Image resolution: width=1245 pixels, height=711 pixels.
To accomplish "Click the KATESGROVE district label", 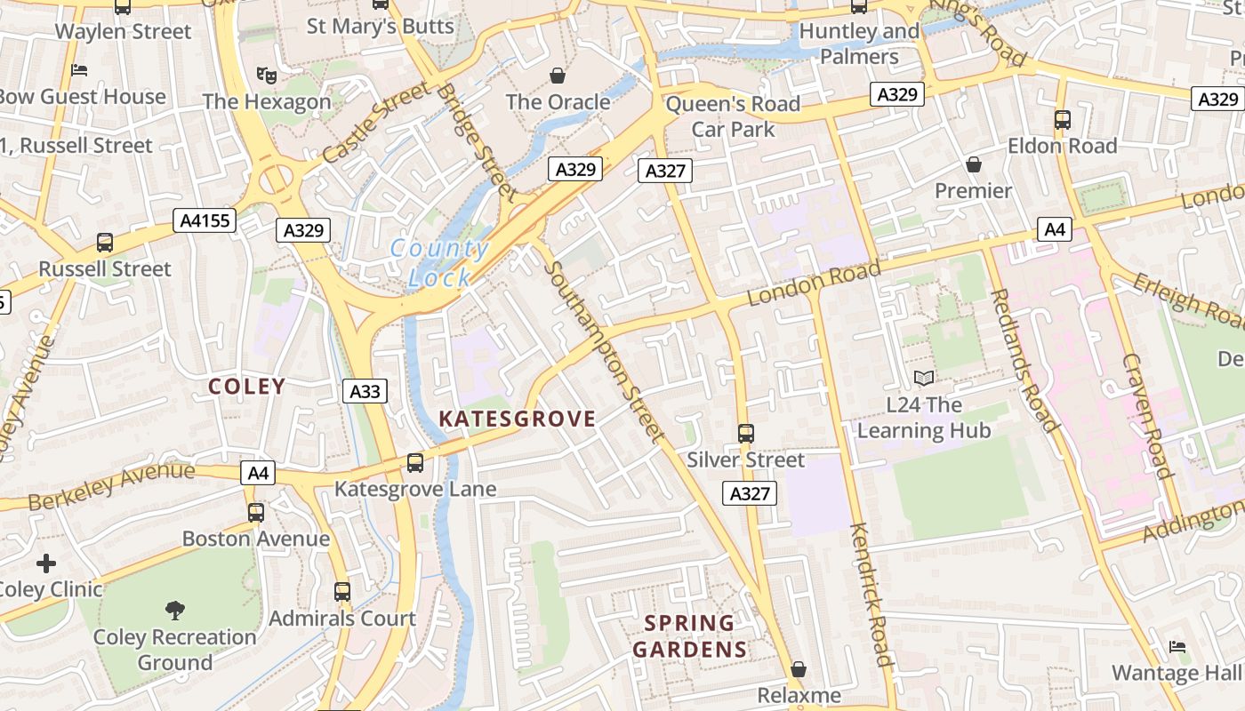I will point(518,419).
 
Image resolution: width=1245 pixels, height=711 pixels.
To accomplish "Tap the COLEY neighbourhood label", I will point(246,387).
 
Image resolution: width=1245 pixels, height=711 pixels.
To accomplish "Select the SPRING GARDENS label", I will point(690,636).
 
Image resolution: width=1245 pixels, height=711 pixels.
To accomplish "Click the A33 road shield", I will point(365,391).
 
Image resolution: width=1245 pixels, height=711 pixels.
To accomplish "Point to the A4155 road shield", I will point(205,220).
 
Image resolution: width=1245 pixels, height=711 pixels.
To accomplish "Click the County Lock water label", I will point(439,263).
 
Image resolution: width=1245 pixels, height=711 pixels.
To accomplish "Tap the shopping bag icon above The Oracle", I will point(558,76).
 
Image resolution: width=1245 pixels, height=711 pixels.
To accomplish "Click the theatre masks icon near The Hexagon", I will point(264,75).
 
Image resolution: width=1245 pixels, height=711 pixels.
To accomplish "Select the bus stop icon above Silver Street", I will point(745,434).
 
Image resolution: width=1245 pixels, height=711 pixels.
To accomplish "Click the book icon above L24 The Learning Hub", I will point(924,379).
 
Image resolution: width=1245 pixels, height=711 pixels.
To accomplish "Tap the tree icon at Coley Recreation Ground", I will point(175,610).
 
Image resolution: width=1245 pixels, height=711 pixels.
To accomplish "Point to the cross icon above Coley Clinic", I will point(46,563).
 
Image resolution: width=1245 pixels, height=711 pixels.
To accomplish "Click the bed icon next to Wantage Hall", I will point(1177,646).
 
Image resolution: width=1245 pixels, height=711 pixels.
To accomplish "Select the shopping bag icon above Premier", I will point(973,164).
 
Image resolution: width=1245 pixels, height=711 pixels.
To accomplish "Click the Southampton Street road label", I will point(605,351).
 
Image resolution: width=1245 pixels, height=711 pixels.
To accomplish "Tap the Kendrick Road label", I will point(871,594).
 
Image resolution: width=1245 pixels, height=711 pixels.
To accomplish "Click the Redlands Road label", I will point(1024,360).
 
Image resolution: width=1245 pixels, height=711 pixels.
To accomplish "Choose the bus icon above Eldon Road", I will point(1062,119).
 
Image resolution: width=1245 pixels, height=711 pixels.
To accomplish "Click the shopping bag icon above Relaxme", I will point(799,668).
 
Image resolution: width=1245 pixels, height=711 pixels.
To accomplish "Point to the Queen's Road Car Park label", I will point(733,116).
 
